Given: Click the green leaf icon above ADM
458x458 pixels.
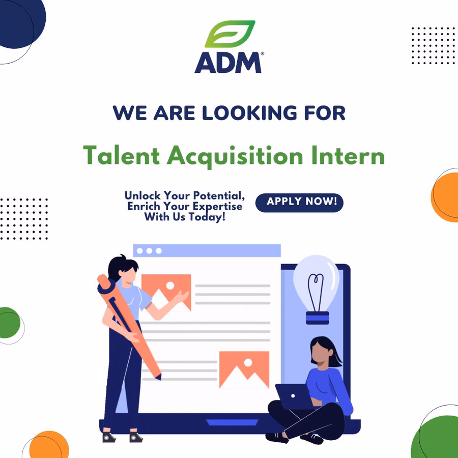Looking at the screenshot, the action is tap(230, 34).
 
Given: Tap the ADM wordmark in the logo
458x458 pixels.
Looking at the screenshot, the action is tap(228, 63).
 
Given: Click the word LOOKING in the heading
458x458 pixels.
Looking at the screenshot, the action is tap(249, 113).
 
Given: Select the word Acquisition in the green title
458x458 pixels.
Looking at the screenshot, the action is tap(235, 156).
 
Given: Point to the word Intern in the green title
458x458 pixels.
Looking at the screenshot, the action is tap(348, 155).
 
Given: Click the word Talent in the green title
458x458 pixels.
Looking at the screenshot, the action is tap(122, 155).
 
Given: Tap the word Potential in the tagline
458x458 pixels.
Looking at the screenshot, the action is tap(219, 195).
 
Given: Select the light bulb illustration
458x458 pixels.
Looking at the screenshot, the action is tap(317, 290).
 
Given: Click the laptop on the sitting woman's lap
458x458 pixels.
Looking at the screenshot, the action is tap(294, 396).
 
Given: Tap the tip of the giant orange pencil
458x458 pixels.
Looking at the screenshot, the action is tap(159, 378).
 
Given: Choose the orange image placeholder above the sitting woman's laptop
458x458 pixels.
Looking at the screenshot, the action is tap(244, 370).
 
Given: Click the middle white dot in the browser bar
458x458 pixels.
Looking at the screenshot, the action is tap(149, 251).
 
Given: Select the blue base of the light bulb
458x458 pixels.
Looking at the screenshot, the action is tap(318, 318).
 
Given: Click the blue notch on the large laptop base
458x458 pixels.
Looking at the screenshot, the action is tap(232, 422).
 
